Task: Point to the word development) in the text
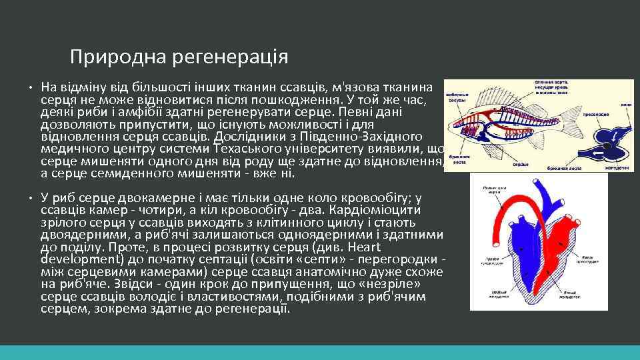(x=78, y=259)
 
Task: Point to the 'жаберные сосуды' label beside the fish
(x=456, y=97)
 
